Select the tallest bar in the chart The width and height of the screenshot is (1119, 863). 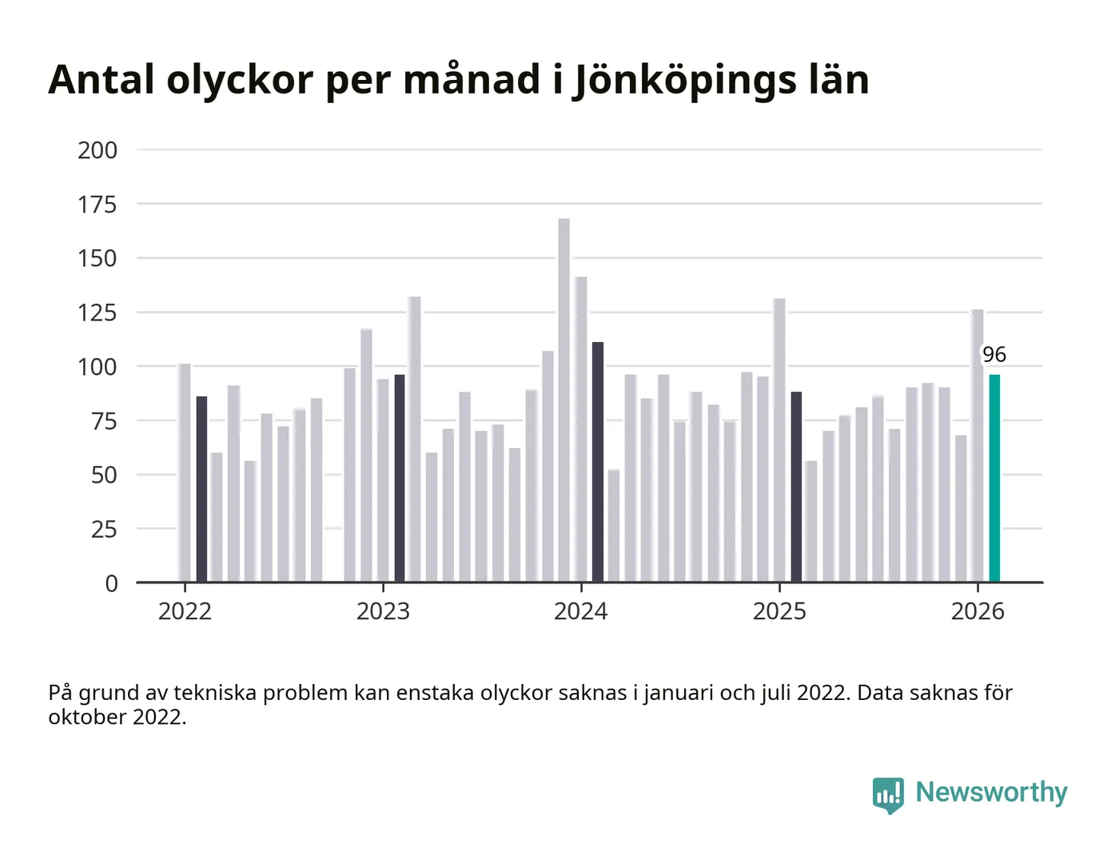[x=563, y=400]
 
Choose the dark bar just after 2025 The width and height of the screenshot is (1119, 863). [x=796, y=487]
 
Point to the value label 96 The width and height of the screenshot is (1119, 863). [x=994, y=355]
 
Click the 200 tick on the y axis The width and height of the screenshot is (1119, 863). [x=98, y=150]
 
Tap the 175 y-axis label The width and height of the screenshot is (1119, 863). [x=98, y=205]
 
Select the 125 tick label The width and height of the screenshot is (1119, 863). [x=98, y=312]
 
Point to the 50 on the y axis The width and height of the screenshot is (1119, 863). [x=104, y=475]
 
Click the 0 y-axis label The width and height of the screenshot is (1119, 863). [x=112, y=583]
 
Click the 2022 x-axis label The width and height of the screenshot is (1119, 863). [x=185, y=611]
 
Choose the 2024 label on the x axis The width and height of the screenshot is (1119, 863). [x=581, y=611]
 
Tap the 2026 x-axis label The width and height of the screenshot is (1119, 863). [x=978, y=611]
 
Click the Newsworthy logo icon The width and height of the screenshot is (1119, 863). [x=888, y=794]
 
